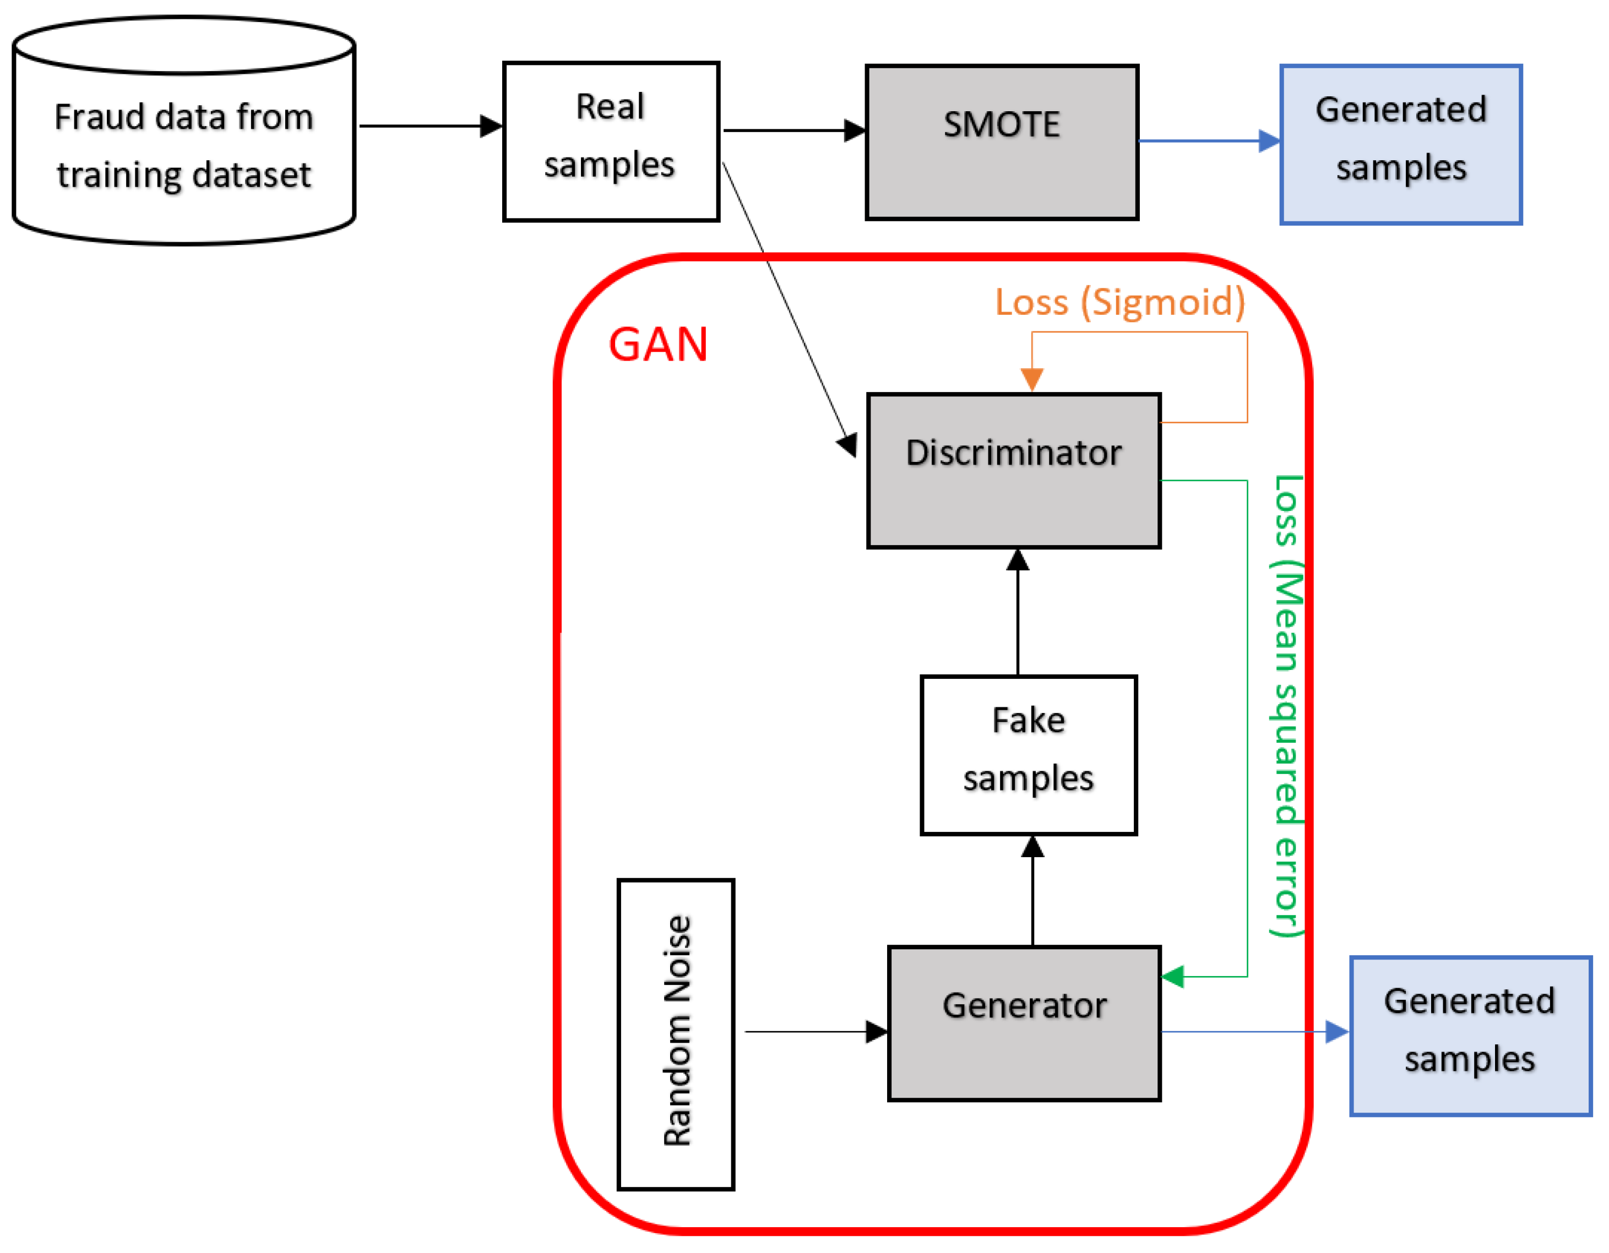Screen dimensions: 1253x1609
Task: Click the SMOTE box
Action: (x=1002, y=142)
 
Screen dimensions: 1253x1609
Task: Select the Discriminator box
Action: (x=1014, y=471)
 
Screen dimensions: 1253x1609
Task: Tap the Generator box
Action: (x=1024, y=1024)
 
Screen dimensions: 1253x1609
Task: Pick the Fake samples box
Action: (x=1029, y=755)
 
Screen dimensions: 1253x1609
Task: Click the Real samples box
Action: (x=611, y=141)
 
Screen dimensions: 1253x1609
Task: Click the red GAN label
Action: (x=658, y=345)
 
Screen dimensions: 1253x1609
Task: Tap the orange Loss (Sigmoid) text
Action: (x=1120, y=302)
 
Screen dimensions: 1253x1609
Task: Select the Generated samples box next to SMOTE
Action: (x=1400, y=144)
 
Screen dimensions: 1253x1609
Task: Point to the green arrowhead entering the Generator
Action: (x=1172, y=977)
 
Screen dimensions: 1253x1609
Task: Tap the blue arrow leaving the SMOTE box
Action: (x=1208, y=141)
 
